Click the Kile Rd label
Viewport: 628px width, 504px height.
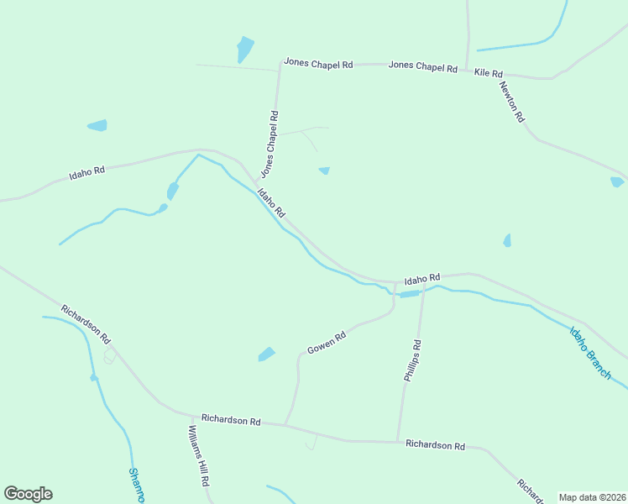tap(488, 73)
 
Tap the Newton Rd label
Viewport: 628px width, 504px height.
tap(511, 102)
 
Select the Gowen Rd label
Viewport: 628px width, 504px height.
tap(327, 343)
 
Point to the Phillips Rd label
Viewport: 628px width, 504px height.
tap(412, 360)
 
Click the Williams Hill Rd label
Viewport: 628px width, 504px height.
tap(198, 456)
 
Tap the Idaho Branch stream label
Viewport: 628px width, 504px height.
tap(590, 352)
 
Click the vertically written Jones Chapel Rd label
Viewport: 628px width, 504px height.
tap(270, 144)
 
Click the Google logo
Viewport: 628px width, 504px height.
tap(28, 494)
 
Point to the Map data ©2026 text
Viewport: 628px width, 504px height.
tap(593, 497)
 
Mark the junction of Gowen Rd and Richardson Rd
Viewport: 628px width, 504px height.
tap(285, 424)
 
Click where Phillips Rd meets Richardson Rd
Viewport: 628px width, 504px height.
tap(398, 441)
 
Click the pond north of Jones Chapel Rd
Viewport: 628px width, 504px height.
tap(244, 49)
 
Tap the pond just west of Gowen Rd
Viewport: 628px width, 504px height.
tap(267, 354)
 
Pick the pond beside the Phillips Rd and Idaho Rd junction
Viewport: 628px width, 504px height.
tap(409, 294)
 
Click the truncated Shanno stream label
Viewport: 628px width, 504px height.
tap(135, 486)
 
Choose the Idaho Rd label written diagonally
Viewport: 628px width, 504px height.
tap(271, 203)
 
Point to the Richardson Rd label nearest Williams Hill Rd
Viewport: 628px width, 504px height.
tap(230, 420)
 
